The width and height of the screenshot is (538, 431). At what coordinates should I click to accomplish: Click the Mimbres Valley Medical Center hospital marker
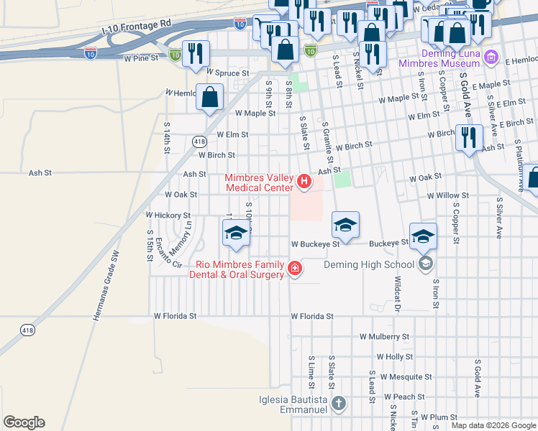point(304,182)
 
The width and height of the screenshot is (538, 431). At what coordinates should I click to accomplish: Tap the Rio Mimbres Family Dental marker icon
point(293,269)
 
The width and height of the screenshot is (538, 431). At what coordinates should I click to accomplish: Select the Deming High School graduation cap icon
point(426,264)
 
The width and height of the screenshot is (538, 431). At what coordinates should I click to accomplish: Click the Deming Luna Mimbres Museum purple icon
point(491,57)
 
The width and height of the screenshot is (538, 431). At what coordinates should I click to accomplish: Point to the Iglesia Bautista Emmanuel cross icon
point(339,404)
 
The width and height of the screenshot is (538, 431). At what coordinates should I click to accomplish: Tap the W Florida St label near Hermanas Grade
point(175,316)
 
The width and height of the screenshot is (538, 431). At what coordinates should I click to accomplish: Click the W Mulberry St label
point(384,336)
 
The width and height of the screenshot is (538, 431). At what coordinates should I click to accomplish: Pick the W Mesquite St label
point(406,376)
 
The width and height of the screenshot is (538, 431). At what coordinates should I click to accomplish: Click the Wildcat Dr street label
point(396,294)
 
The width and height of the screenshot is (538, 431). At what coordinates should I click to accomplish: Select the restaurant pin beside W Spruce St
point(195,54)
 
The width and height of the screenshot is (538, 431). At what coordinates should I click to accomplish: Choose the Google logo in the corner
point(24,422)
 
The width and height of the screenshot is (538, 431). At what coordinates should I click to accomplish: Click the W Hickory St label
point(168,215)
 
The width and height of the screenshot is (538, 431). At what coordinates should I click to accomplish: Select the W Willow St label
point(447,195)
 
